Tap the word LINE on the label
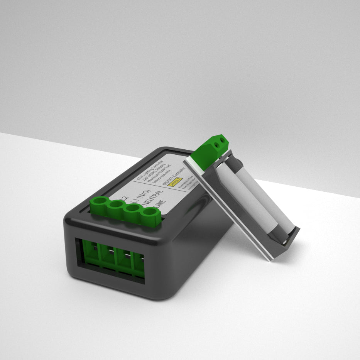161,206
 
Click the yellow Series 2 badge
176,182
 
